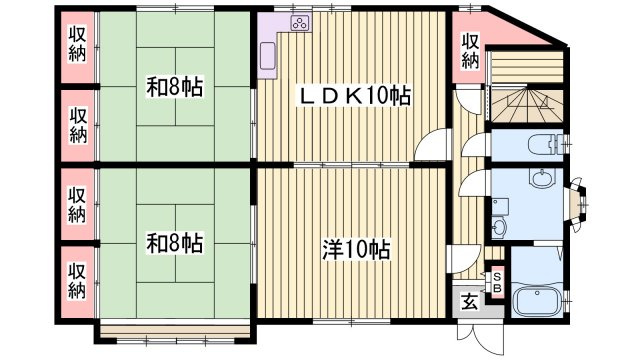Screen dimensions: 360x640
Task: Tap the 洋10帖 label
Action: pyautogui.click(x=356, y=249)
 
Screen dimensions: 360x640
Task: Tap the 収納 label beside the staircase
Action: pyautogui.click(x=471, y=51)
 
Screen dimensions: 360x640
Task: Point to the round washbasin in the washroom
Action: pyautogui.click(x=541, y=180)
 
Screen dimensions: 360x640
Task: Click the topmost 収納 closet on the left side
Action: pyautogui.click(x=77, y=45)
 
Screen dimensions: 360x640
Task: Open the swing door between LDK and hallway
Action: pyautogui.click(x=428, y=146)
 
